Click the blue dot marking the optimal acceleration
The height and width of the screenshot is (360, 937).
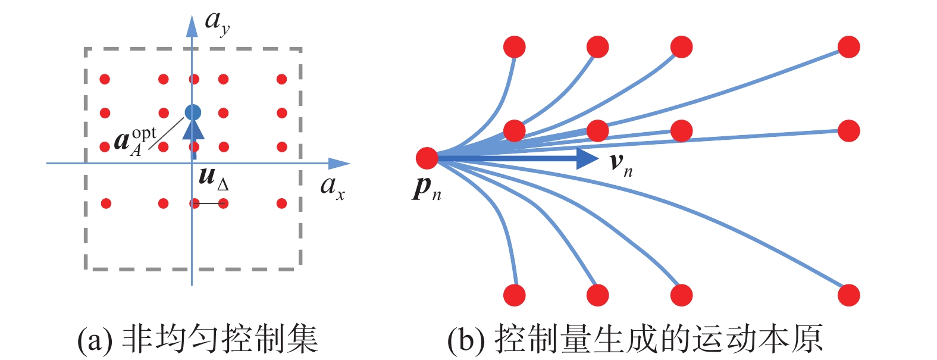[x=192, y=112]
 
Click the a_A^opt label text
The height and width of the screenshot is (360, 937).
[x=134, y=140]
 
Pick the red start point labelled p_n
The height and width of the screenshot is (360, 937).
[x=427, y=158]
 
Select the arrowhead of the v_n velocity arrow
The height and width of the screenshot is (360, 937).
[x=588, y=158]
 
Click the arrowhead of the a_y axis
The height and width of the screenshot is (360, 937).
[x=192, y=26]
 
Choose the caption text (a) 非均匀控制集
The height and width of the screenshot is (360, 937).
[x=198, y=339]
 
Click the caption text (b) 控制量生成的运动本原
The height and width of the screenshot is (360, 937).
[x=635, y=339]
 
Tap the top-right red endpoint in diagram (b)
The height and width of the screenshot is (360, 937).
[x=848, y=47]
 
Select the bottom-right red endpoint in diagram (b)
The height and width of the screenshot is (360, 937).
[x=848, y=295]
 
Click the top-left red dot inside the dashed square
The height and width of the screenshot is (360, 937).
[x=105, y=79]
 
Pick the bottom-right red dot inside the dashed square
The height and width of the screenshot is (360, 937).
[x=282, y=204]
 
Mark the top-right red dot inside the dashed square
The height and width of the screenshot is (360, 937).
[x=282, y=79]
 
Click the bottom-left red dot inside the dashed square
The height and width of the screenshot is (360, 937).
[x=106, y=204]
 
